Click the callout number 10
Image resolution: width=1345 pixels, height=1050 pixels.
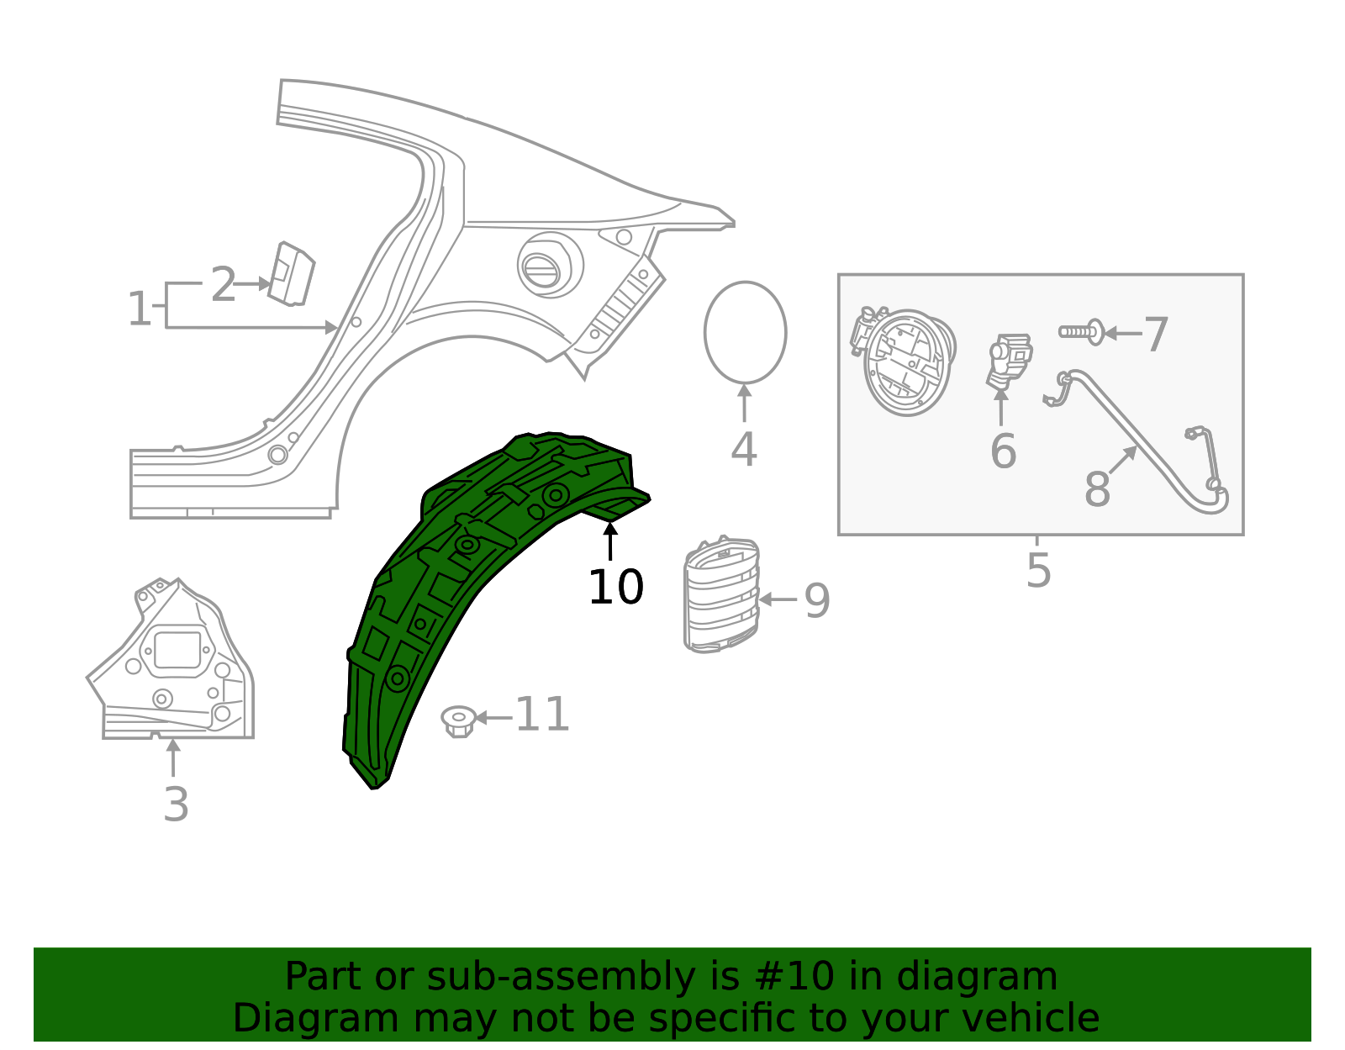tap(615, 587)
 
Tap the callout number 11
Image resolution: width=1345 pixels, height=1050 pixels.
tap(542, 715)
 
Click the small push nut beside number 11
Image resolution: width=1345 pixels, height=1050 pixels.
tap(458, 720)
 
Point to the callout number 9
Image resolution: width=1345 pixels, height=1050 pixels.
tap(817, 600)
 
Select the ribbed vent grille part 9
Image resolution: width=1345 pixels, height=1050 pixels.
tap(722, 594)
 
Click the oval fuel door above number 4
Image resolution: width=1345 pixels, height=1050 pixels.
tap(745, 332)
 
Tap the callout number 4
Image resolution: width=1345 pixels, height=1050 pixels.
tap(744, 450)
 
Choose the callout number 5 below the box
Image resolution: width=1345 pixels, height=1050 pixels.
tap(1039, 570)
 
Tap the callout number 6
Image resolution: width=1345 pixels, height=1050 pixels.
tap(1003, 451)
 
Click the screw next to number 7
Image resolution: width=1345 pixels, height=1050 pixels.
tap(1082, 332)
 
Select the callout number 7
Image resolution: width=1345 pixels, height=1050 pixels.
tap(1157, 335)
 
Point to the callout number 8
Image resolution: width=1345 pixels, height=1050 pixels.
tap(1097, 489)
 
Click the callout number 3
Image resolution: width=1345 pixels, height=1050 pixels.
tap(176, 805)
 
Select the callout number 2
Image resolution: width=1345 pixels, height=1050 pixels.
tap(223, 285)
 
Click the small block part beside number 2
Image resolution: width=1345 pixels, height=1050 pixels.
tap(291, 273)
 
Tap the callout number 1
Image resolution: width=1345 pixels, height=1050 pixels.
tap(139, 309)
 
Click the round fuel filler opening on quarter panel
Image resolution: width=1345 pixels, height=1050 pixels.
tap(551, 265)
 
